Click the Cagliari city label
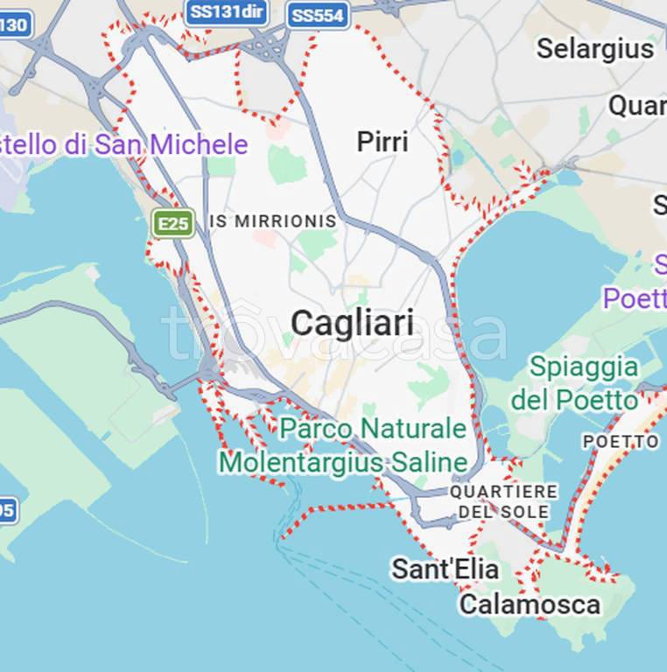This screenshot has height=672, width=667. tap(352, 323)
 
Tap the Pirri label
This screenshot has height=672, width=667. tap(383, 142)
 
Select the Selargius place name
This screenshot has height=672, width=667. tap(595, 49)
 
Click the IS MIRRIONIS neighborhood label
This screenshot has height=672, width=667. tap(273, 221)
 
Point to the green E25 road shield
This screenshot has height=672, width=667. tap(172, 223)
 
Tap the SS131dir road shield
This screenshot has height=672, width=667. tap(227, 12)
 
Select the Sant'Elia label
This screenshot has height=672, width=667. tap(445, 570)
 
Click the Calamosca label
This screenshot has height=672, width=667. tap(530, 605)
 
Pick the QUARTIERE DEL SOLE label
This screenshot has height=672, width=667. tap(504, 501)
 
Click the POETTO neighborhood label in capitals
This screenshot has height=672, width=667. tap(621, 442)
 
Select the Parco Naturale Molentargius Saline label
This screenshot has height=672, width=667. tap(343, 445)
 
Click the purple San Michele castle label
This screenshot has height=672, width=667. tap(123, 144)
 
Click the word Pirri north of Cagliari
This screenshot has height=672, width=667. tap(383, 142)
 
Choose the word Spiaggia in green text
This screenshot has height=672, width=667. tap(584, 366)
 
